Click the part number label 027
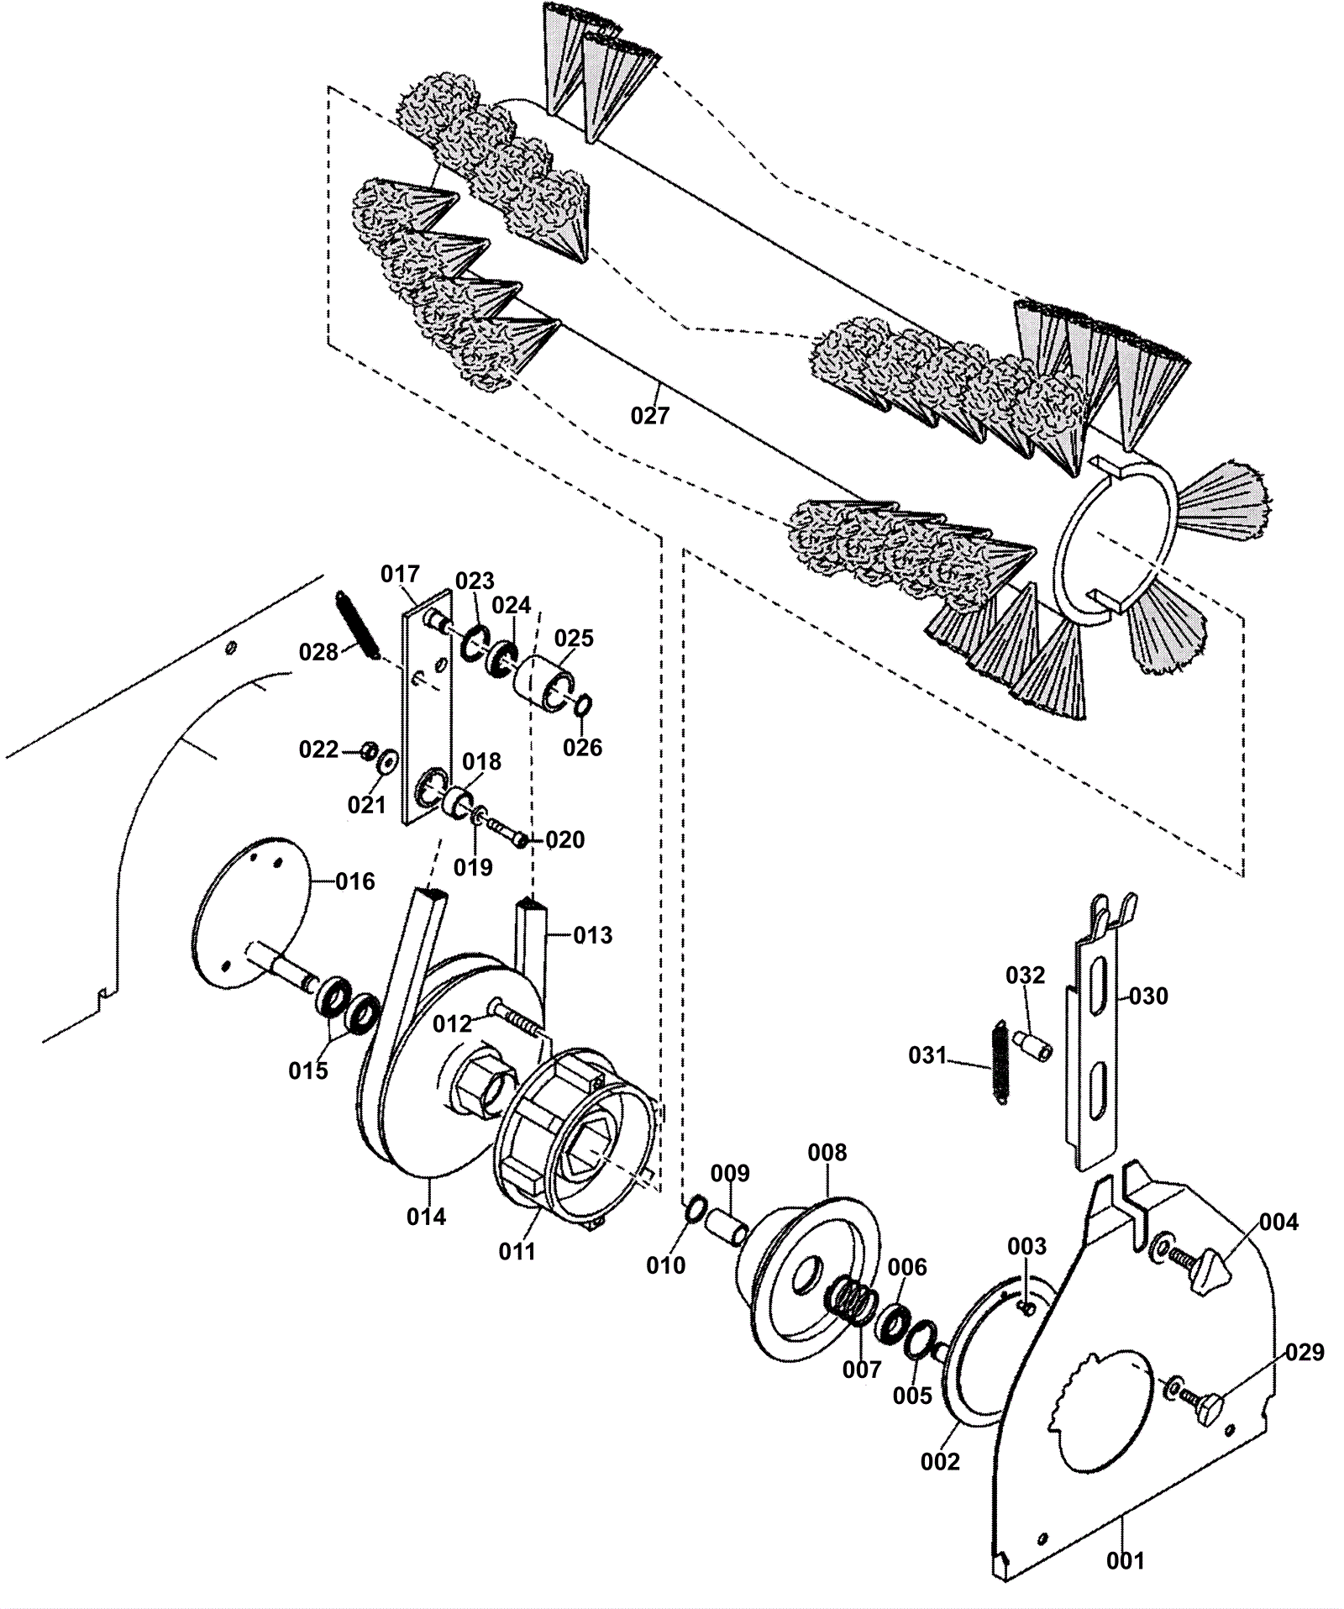coord(650,415)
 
